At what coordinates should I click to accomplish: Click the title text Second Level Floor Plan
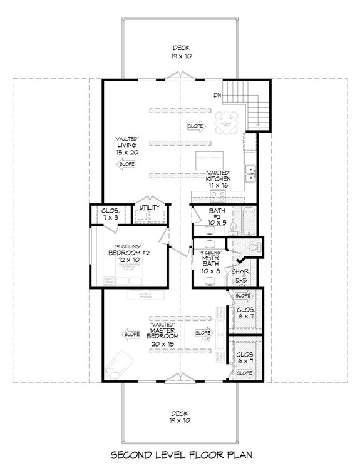180,455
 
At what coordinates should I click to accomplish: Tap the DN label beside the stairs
217,95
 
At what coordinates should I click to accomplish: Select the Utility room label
151,208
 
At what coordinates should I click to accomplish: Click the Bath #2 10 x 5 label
216,216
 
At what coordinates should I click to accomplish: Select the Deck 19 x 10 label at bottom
179,417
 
